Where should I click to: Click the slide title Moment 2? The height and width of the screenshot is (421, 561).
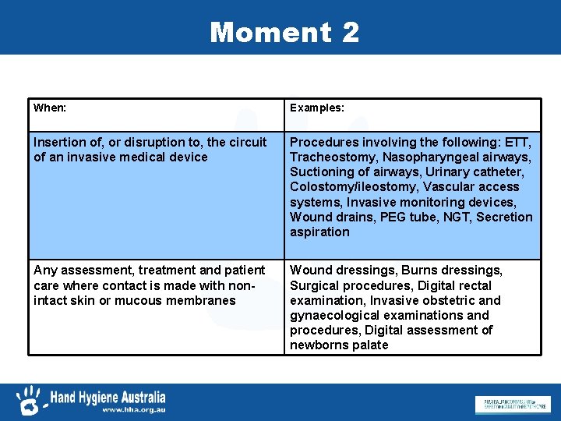(284, 32)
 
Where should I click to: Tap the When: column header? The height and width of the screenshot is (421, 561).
(50, 108)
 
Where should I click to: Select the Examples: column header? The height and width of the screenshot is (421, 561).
(317, 108)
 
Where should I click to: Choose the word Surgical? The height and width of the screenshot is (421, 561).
(315, 285)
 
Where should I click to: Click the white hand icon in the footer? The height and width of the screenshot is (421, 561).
(29, 401)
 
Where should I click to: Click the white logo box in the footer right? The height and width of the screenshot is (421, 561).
(511, 405)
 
